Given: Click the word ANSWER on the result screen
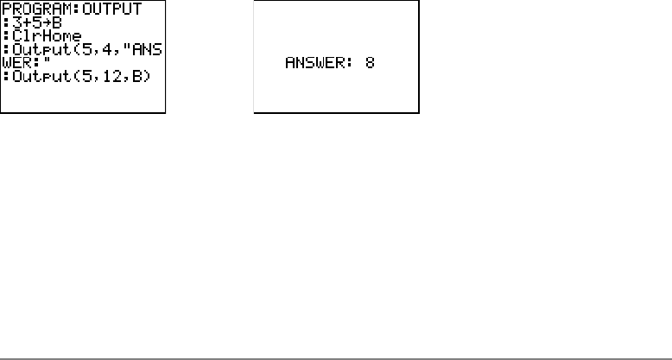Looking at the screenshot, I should coord(315,63).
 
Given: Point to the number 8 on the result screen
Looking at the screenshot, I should coord(369,63).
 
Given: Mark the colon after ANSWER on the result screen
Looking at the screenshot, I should coord(348,63).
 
